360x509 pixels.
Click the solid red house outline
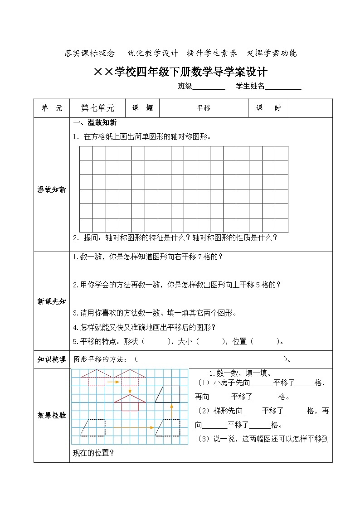131,402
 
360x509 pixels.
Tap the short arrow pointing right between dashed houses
113,382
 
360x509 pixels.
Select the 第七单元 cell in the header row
97,108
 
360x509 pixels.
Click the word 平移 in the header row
204,108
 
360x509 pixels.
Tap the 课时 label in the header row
268,108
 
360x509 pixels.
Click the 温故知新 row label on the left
51,190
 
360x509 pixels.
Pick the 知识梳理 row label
51,359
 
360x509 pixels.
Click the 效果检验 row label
51,415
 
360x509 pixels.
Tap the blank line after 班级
209,87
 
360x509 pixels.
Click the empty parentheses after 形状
156,342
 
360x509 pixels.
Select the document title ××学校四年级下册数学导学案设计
180,72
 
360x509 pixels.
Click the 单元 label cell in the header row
52,108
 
